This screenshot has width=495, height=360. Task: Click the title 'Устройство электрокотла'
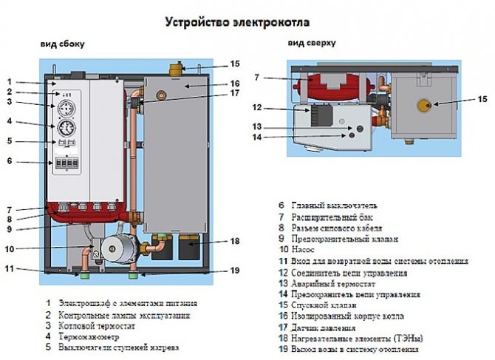pyautogui.click(x=238, y=21)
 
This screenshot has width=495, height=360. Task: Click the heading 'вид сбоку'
pyautogui.click(x=62, y=44)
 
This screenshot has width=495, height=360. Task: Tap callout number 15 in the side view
pyautogui.click(x=235, y=64)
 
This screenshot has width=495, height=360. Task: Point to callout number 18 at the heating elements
pyautogui.click(x=235, y=241)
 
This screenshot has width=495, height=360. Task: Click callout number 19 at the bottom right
pyautogui.click(x=235, y=271)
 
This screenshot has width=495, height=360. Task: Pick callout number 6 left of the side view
pyautogui.click(x=10, y=161)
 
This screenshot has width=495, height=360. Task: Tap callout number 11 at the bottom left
pyautogui.click(x=10, y=268)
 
